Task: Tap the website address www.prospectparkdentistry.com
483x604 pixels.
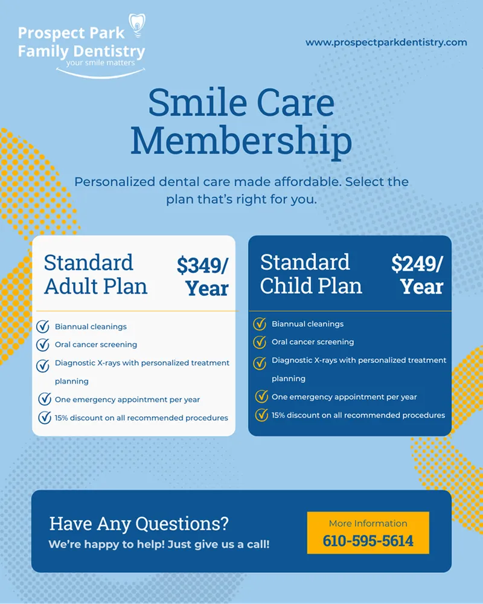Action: [386, 42]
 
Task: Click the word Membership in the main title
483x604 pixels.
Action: [241, 141]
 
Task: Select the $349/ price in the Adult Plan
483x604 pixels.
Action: [202, 265]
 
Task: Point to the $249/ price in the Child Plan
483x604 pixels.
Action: [417, 263]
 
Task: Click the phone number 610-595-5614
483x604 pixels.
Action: [368, 541]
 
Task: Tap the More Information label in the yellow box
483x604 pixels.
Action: [368, 523]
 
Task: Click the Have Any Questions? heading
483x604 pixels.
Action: [139, 523]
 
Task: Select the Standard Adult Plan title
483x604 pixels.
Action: [95, 274]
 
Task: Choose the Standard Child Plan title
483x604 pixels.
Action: [311, 274]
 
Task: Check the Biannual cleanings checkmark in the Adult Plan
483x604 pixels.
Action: [43, 327]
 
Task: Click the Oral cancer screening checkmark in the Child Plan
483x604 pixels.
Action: [260, 342]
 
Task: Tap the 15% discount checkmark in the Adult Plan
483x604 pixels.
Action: [44, 417]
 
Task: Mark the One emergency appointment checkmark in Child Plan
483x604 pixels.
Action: [261, 397]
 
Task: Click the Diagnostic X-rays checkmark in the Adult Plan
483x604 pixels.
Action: [43, 365]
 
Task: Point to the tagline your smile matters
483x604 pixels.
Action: [101, 62]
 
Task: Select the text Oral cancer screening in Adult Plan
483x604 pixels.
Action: [96, 345]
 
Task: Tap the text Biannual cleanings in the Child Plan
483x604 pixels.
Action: [307, 324]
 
